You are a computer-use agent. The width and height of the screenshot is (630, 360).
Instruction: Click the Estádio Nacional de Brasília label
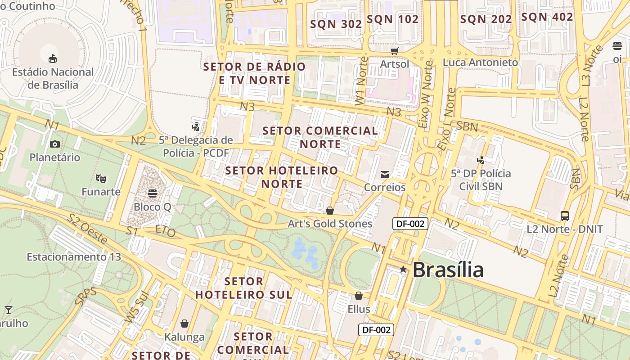[x=53, y=78]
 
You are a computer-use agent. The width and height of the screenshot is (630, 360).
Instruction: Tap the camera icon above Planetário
[x=55, y=144]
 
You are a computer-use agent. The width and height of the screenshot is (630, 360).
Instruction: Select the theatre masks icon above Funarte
[x=101, y=179]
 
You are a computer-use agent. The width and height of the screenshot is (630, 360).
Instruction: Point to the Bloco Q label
[x=153, y=207]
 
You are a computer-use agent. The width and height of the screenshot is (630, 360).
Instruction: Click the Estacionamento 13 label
[x=74, y=257]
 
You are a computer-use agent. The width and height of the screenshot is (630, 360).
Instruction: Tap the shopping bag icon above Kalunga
[x=184, y=324]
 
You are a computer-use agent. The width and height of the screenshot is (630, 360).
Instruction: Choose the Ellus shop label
[x=359, y=309]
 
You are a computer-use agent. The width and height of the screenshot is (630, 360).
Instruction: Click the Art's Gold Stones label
[x=330, y=224]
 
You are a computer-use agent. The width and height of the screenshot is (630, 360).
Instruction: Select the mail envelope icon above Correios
[x=385, y=175]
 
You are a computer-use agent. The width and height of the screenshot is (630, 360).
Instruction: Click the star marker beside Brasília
[x=403, y=270]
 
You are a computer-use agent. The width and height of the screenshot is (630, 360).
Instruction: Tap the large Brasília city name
[x=448, y=270]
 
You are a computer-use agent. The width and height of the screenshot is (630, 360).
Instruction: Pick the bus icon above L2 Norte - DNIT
[x=565, y=216]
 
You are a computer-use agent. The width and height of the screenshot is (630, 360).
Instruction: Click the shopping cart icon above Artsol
[x=395, y=51]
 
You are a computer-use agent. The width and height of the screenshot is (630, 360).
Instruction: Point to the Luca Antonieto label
[x=480, y=63]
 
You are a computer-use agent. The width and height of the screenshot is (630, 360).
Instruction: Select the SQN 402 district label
[x=547, y=17]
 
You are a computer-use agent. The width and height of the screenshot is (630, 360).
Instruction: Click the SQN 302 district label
[x=336, y=24]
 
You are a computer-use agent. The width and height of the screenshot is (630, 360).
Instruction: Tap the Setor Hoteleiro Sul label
[x=244, y=288]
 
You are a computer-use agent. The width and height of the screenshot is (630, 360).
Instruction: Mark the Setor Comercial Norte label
[x=320, y=137]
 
